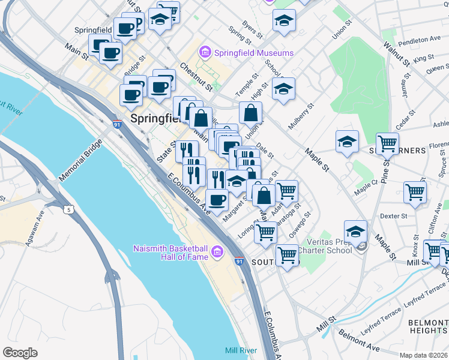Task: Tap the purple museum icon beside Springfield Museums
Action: (206, 53)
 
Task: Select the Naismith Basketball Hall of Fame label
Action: (170, 253)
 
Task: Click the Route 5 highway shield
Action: (70, 209)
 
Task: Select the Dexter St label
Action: (394, 215)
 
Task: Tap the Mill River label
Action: (241, 350)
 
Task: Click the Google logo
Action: (20, 353)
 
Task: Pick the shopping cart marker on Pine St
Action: (387, 143)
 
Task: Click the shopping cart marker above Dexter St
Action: (415, 192)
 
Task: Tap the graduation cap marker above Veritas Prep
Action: (355, 231)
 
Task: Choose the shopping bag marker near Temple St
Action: (250, 112)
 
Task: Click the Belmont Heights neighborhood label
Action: (427, 326)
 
